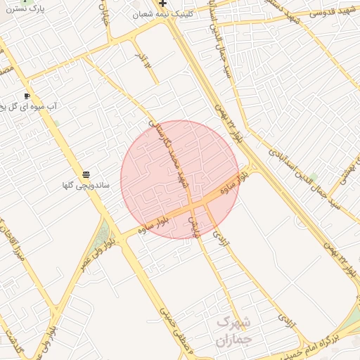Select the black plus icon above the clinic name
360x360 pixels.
(x=162, y=4)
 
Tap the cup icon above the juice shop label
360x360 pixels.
(x=27, y=96)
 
